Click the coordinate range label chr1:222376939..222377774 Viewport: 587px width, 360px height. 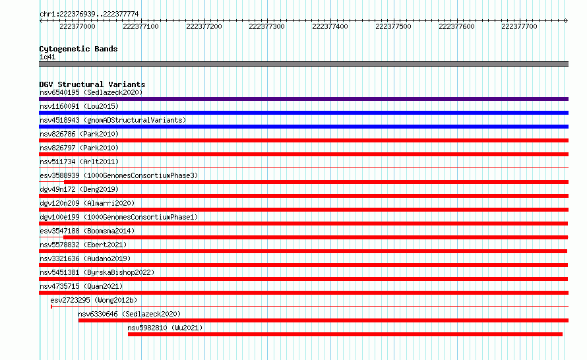[89, 15]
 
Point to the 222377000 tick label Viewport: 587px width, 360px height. [77, 26]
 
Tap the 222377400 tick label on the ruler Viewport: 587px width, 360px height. [330, 26]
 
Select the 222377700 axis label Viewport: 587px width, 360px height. [519, 26]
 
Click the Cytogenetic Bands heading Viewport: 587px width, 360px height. [78, 49]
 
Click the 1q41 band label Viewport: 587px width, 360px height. [47, 57]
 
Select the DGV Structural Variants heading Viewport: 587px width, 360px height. [92, 84]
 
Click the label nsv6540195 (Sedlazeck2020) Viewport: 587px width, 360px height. [91, 92]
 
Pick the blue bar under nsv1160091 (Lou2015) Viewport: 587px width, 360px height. [303, 113]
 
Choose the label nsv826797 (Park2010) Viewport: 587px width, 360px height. [79, 148]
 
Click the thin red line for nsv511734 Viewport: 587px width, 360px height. [303, 167]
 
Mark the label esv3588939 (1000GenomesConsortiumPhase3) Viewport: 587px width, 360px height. [119, 175]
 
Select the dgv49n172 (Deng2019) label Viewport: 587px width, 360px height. [79, 189]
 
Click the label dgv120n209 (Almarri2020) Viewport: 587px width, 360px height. [87, 203]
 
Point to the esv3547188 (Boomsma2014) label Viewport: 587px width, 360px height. [87, 231]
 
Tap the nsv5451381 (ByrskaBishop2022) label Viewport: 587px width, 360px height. [97, 272]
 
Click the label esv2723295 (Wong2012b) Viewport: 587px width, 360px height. [94, 300]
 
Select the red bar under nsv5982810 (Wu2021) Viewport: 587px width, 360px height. [345, 334]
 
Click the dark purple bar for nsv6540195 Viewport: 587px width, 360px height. [303, 99]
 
